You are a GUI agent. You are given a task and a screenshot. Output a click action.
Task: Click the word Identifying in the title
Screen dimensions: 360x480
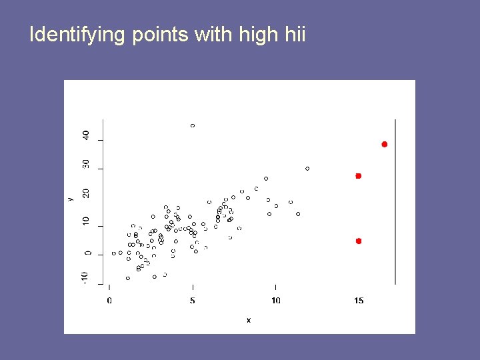pyautogui.click(x=77, y=34)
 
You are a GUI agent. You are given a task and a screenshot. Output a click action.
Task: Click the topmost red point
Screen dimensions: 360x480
pyautogui.click(x=385, y=145)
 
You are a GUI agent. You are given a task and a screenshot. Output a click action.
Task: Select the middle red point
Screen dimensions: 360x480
pyautogui.click(x=358, y=176)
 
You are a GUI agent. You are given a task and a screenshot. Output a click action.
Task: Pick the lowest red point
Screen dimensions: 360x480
pyautogui.click(x=359, y=241)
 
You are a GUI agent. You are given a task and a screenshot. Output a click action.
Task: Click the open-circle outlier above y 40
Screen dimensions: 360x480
pyautogui.click(x=193, y=125)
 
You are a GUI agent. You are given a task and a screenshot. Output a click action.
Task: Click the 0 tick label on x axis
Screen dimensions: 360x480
pyautogui.click(x=109, y=301)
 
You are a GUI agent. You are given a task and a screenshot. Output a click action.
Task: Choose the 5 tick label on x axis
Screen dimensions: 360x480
pyautogui.click(x=193, y=301)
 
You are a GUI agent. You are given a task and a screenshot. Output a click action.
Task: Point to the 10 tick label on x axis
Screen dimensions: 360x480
pyautogui.click(x=275, y=301)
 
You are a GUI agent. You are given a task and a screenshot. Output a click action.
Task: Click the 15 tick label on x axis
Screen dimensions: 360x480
pyautogui.click(x=359, y=301)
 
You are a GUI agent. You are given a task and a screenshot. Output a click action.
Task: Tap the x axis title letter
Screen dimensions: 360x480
pyautogui.click(x=249, y=321)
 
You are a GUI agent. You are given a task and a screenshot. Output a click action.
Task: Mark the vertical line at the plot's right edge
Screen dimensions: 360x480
pyautogui.click(x=395, y=200)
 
